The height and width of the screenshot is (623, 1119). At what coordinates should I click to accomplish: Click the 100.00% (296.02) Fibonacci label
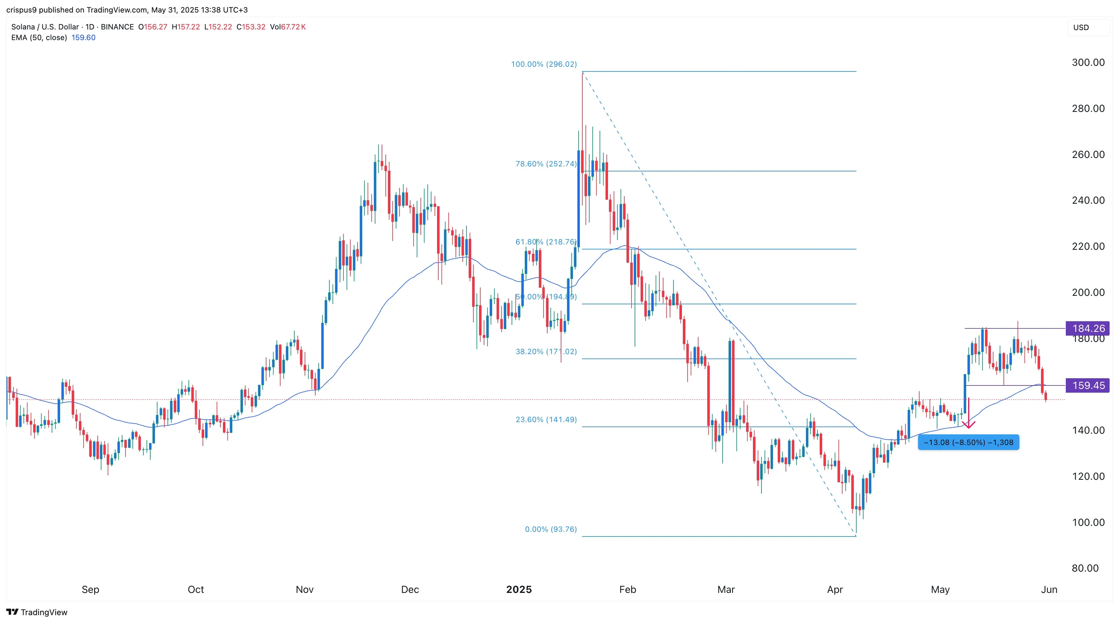coord(544,64)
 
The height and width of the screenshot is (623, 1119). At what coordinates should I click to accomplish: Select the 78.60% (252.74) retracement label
coord(546,164)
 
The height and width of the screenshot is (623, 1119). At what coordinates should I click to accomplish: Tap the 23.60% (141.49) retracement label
coord(546,420)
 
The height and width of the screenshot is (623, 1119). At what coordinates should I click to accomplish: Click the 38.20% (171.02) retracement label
coord(546,351)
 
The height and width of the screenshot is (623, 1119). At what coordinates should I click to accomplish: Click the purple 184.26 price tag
coord(1088,328)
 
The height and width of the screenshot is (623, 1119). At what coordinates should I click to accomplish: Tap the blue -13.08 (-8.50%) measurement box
coord(968,442)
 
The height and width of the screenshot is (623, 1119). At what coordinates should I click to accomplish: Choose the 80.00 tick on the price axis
coord(1085,568)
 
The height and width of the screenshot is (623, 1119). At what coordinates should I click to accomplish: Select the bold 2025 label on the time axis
coord(519,589)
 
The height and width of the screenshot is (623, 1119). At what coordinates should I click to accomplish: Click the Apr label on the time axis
coord(834,589)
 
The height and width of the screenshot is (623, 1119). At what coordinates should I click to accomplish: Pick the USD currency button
coord(1081,27)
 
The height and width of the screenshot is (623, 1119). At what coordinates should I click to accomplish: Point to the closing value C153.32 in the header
coord(251,27)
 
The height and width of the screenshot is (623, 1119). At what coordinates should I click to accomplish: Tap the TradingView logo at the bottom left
coord(37,612)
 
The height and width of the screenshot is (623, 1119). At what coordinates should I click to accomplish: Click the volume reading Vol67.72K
coord(287,27)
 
